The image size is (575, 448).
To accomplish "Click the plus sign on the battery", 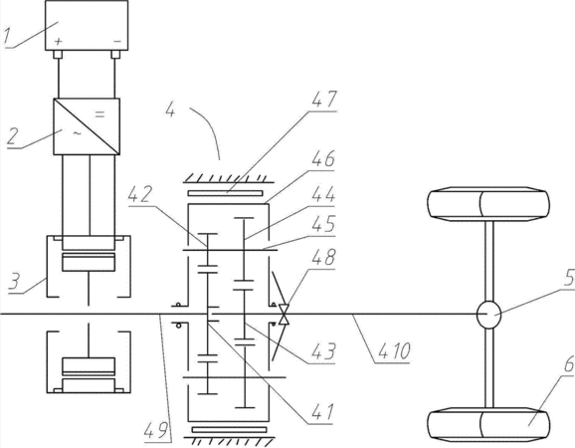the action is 58,41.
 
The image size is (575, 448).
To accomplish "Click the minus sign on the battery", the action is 117,42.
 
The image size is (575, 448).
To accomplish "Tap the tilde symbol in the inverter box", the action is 77,134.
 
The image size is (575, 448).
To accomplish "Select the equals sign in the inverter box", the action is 99,114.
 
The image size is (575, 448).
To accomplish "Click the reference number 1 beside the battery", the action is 7,37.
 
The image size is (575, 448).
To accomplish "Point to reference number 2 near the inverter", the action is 13,135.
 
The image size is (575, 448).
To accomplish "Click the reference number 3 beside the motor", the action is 14,281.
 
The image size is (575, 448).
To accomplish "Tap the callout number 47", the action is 323,100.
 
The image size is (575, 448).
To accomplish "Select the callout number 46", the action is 322,159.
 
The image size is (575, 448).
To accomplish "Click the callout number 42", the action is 139,194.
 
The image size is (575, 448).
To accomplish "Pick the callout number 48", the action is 322,257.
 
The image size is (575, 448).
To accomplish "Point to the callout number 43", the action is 323,351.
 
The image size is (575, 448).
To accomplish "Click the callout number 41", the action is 322,412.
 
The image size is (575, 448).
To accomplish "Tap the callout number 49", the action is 156,430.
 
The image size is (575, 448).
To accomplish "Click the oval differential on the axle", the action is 488,315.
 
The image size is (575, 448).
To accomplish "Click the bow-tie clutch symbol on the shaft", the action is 284,315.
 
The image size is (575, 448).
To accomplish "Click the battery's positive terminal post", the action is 58,55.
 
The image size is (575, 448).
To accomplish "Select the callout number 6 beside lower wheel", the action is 569,365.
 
